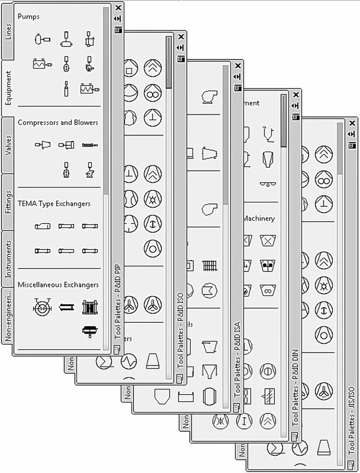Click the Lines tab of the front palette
click(8, 31)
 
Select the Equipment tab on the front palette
click(8, 88)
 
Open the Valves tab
click(8, 145)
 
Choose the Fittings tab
click(8, 202)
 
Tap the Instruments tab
click(8, 259)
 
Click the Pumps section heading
click(29, 17)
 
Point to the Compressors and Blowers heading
click(58, 122)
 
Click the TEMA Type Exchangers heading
click(54, 203)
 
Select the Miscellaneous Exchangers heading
click(58, 285)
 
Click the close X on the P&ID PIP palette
click(118, 8)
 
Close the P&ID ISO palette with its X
click(181, 37)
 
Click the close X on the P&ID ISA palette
click(238, 66)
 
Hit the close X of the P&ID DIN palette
click(295, 94)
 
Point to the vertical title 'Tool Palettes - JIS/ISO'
click(352, 418)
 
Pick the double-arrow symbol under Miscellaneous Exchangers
click(66, 308)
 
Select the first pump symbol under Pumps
click(42, 39)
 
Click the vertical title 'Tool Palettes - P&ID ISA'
click(238, 360)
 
